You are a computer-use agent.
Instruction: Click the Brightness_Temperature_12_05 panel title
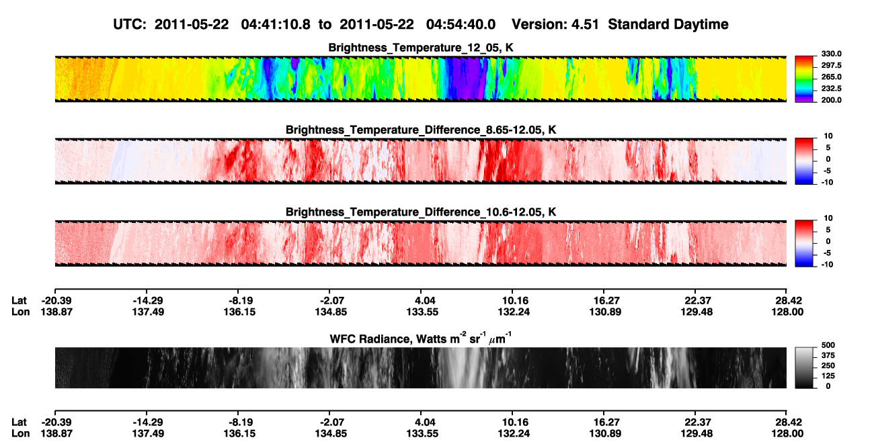click(421, 48)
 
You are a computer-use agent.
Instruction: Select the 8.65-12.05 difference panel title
click(421, 130)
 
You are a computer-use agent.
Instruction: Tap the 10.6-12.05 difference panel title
click(421, 212)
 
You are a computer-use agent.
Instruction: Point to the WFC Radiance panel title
click(421, 339)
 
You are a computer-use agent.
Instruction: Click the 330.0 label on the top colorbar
click(831, 54)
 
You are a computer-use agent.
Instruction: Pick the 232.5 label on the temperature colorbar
click(831, 89)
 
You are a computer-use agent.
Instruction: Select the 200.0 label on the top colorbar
click(831, 100)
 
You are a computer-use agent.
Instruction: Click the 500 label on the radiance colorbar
click(828, 345)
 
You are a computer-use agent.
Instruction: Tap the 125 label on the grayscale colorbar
click(828, 376)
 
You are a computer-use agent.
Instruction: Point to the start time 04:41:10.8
click(276, 24)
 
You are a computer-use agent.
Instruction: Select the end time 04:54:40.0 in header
click(461, 24)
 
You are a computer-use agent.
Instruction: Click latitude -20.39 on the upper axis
click(56, 301)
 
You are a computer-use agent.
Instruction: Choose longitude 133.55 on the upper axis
click(422, 312)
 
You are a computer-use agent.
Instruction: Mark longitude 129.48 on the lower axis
click(697, 434)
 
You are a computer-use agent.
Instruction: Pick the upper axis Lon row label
click(21, 312)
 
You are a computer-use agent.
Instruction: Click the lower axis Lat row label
click(19, 422)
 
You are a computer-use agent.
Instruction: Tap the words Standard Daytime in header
click(668, 24)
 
